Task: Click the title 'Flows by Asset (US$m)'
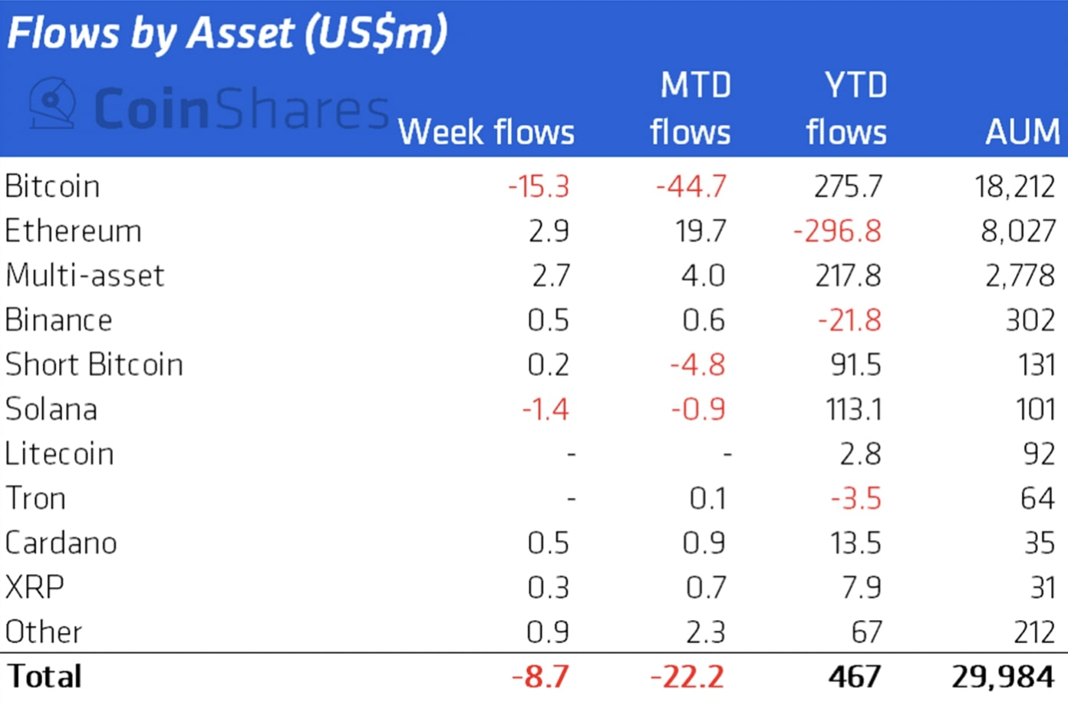pos(226,34)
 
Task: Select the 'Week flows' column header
pos(486,132)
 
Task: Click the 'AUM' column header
pos(1023,132)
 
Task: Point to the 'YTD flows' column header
pos(847,109)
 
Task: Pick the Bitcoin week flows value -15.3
pos(539,186)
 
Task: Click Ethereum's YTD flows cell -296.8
pos(837,231)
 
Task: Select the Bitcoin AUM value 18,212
pos(1014,186)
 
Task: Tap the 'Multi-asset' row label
pos(84,275)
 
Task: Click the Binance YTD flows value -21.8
pos(849,320)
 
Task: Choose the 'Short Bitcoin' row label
pos(94,365)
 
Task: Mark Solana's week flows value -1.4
pos(546,409)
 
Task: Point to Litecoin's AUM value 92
pos(1039,454)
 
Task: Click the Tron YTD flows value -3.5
pos(855,498)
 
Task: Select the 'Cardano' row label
pos(61,543)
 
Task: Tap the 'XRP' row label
pos(35,587)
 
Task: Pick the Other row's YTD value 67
pos(866,632)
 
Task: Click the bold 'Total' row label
pos(44,676)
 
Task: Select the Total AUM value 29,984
pos(1003,676)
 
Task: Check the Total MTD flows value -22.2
pos(687,676)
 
